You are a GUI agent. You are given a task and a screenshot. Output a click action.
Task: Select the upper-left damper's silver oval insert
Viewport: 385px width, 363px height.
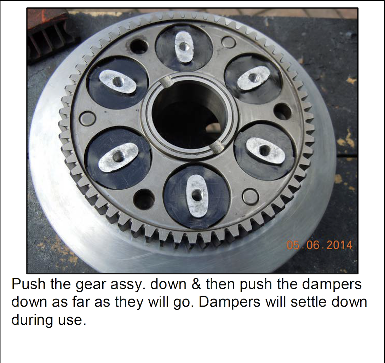pos(117,82)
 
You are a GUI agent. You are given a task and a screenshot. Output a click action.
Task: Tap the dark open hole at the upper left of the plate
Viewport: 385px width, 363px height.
pos(139,46)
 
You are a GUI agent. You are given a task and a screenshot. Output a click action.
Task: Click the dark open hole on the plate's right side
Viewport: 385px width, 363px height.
pos(282,112)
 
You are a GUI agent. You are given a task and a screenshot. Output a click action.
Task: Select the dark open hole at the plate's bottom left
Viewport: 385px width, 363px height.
pos(145,198)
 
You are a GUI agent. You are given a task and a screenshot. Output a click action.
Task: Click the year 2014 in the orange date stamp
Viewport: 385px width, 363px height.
pos(340,245)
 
